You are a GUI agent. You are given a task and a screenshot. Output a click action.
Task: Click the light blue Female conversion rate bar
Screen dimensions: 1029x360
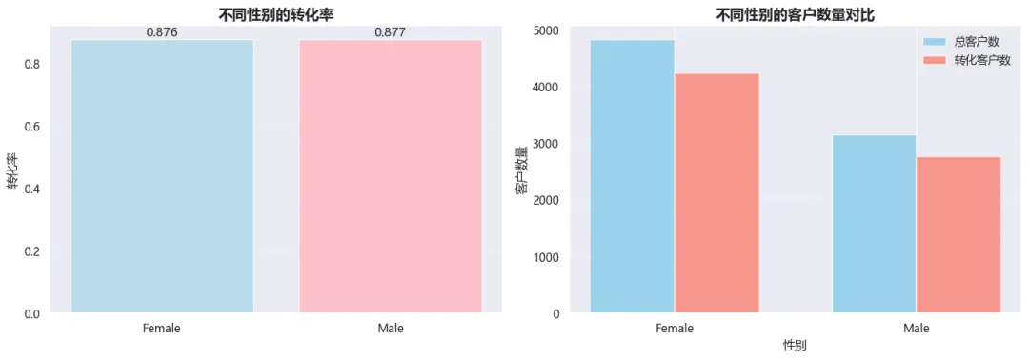tap(162, 176)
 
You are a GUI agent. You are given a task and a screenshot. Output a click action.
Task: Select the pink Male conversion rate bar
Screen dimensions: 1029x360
tap(391, 176)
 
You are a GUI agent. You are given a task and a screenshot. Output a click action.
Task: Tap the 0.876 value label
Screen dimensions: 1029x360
tap(162, 31)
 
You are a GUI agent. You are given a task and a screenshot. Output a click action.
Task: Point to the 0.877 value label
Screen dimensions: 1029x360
tap(391, 31)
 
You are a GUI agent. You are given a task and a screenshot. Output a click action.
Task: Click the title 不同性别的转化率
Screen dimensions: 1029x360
tap(275, 13)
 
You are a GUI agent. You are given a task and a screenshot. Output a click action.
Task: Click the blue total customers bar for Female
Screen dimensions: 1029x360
tap(632, 176)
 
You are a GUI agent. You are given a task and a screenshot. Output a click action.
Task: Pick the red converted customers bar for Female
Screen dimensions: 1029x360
tap(716, 193)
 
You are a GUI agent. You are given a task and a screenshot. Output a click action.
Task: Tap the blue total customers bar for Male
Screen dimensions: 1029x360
tap(874, 224)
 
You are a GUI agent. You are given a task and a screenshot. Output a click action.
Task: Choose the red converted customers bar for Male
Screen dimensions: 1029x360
tap(958, 234)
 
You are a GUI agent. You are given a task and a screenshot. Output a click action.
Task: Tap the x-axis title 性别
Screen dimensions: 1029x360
tap(795, 344)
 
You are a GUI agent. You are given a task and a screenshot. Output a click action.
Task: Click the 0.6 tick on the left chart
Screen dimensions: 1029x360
tap(32, 127)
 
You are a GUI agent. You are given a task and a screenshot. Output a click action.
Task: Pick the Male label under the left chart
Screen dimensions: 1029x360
tap(391, 328)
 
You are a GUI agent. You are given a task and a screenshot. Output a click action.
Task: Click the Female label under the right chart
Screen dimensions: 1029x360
tap(675, 328)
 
